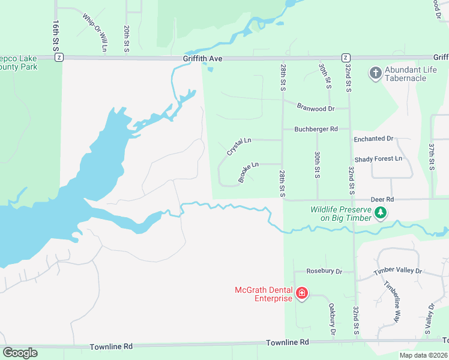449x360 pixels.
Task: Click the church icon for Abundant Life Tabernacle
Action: (376, 73)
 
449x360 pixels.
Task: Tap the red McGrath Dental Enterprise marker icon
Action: (302, 293)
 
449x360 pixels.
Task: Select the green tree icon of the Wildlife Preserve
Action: (379, 212)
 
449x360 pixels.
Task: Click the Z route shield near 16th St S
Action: (59, 58)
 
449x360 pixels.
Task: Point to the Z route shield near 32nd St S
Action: (346, 58)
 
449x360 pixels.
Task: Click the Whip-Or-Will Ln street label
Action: (96, 31)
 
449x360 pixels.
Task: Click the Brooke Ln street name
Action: (248, 172)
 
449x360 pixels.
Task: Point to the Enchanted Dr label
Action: (373, 139)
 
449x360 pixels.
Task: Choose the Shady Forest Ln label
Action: (378, 159)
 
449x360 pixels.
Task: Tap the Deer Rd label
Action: (382, 199)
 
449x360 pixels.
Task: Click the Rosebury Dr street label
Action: (324, 271)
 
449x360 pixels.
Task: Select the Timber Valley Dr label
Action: (398, 271)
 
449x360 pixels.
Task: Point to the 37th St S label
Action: (431, 157)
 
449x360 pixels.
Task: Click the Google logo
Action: (20, 353)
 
